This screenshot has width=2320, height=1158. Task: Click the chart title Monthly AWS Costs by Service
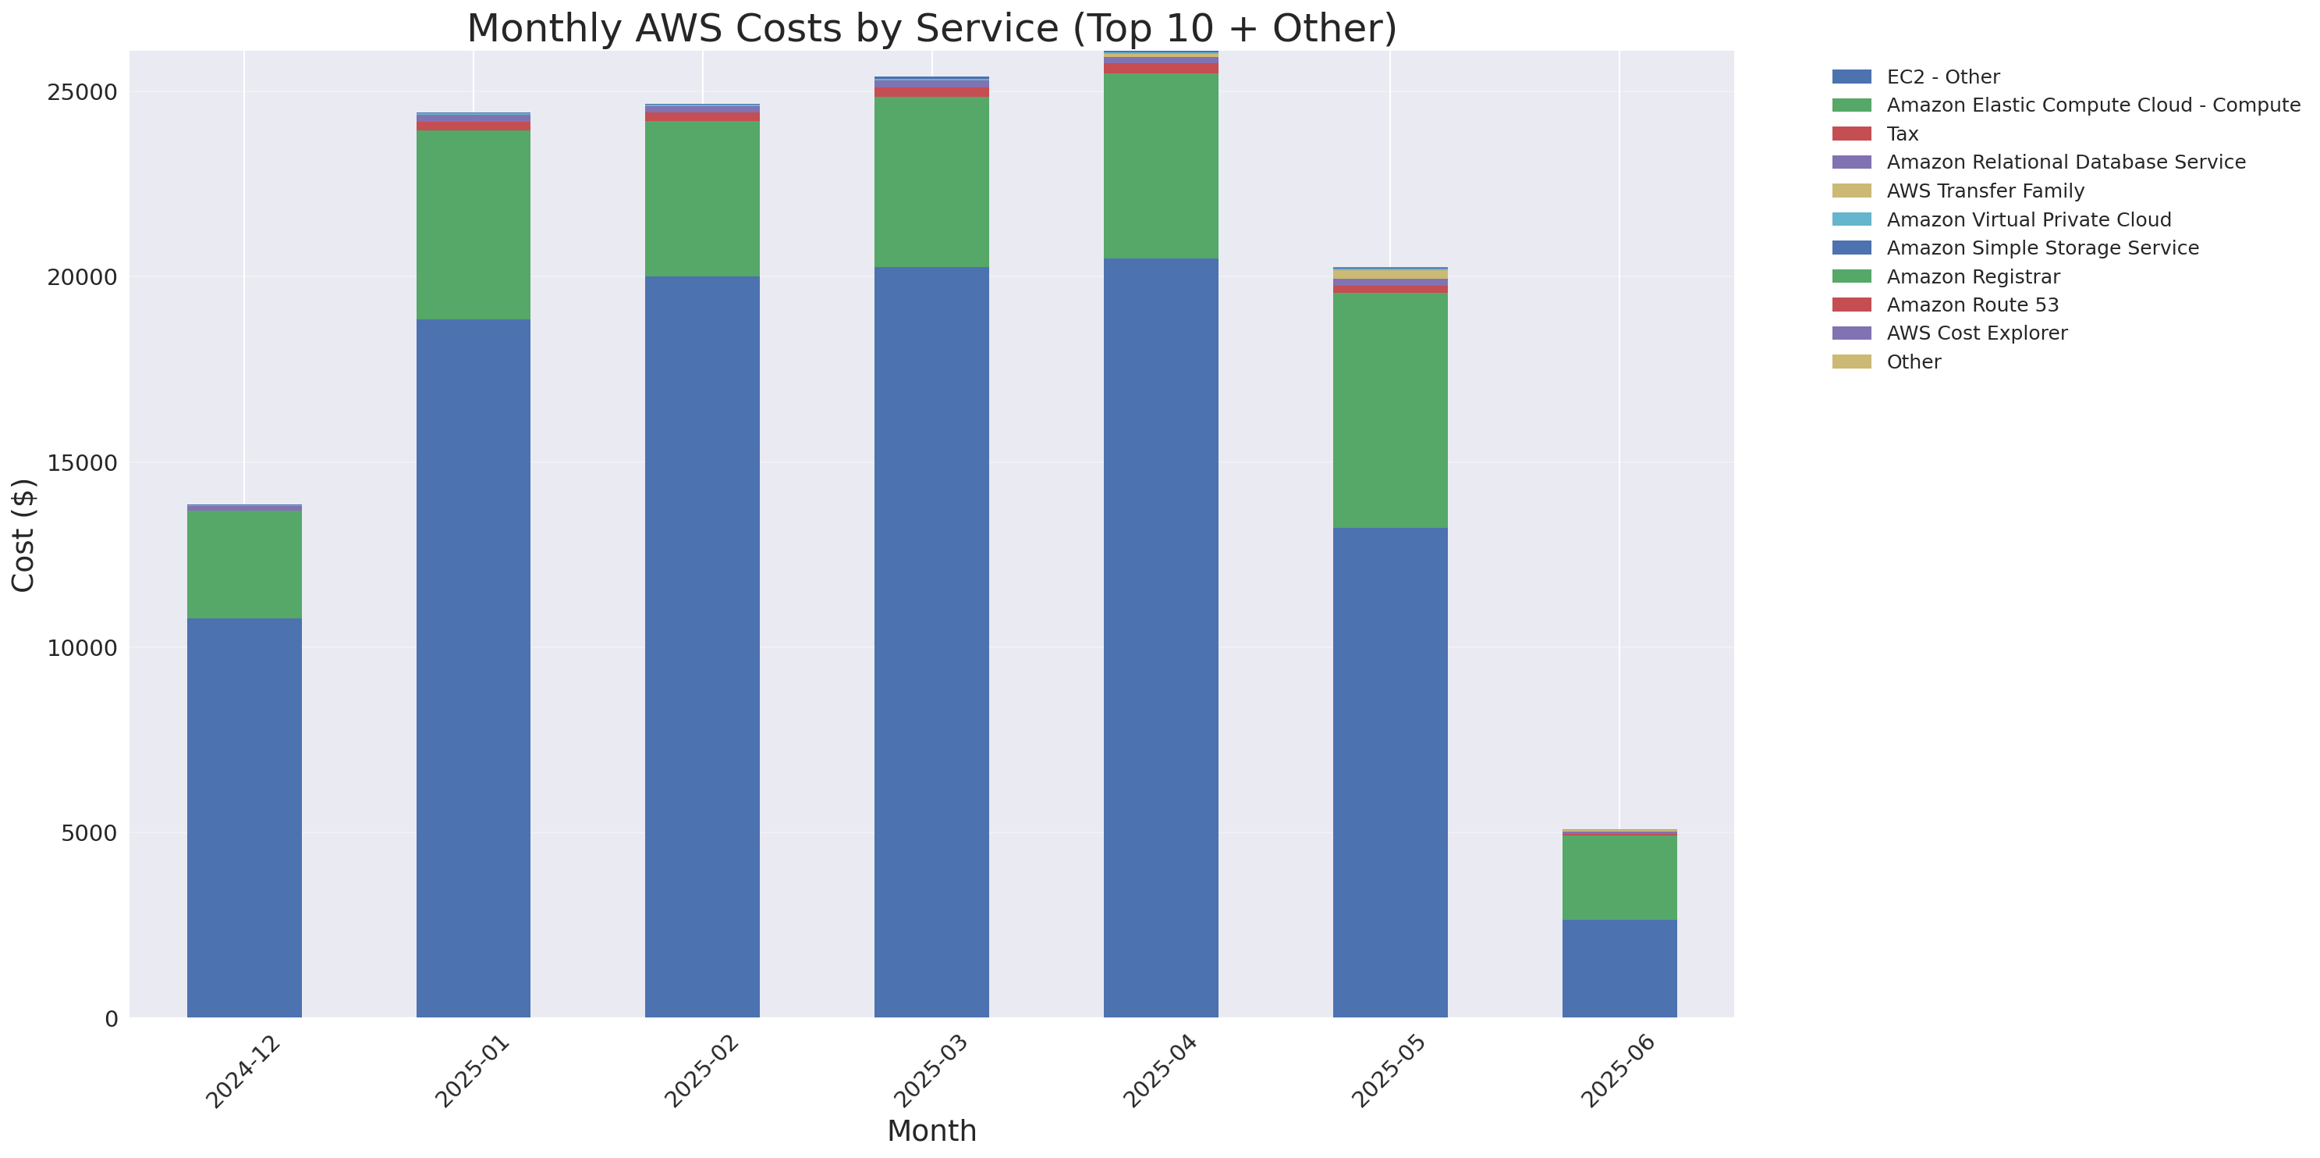click(931, 29)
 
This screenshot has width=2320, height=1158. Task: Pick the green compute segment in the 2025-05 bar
click(1389, 410)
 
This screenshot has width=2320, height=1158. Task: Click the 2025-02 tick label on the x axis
click(701, 1071)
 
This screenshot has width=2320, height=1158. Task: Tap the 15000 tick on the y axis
click(82, 463)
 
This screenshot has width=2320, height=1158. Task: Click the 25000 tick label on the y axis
click(82, 93)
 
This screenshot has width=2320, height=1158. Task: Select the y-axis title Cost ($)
click(23, 536)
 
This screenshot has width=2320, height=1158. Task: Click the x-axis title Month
click(931, 1131)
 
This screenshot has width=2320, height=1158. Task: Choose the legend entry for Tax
click(1902, 134)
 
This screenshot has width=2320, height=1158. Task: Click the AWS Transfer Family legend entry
click(1985, 191)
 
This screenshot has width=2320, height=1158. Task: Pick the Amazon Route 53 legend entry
click(1972, 305)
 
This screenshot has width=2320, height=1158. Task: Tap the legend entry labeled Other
click(1914, 362)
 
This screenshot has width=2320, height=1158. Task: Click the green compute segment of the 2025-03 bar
click(931, 181)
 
